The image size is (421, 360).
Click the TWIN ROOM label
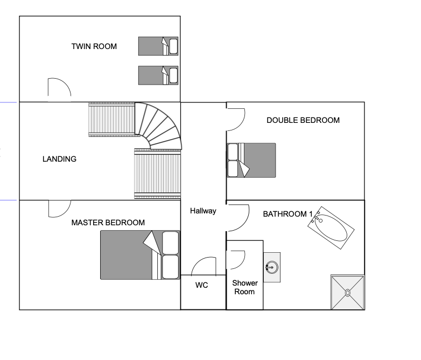point(94,46)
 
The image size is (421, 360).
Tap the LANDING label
point(59,159)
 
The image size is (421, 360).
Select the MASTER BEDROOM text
point(108,223)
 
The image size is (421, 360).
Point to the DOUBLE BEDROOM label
point(303,120)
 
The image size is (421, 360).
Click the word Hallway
point(203,211)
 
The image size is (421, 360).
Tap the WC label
point(202,285)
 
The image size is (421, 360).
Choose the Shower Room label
point(244,287)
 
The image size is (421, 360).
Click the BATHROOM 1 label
point(287,214)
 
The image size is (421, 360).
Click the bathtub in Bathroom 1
point(331,228)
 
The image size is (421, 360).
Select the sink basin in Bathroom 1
point(272,267)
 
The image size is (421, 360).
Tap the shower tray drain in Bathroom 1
point(347,293)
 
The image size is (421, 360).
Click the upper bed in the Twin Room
point(158,46)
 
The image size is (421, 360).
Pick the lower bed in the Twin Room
point(158,75)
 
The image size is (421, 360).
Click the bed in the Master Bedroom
point(140,255)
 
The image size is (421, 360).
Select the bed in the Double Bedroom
point(251,160)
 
